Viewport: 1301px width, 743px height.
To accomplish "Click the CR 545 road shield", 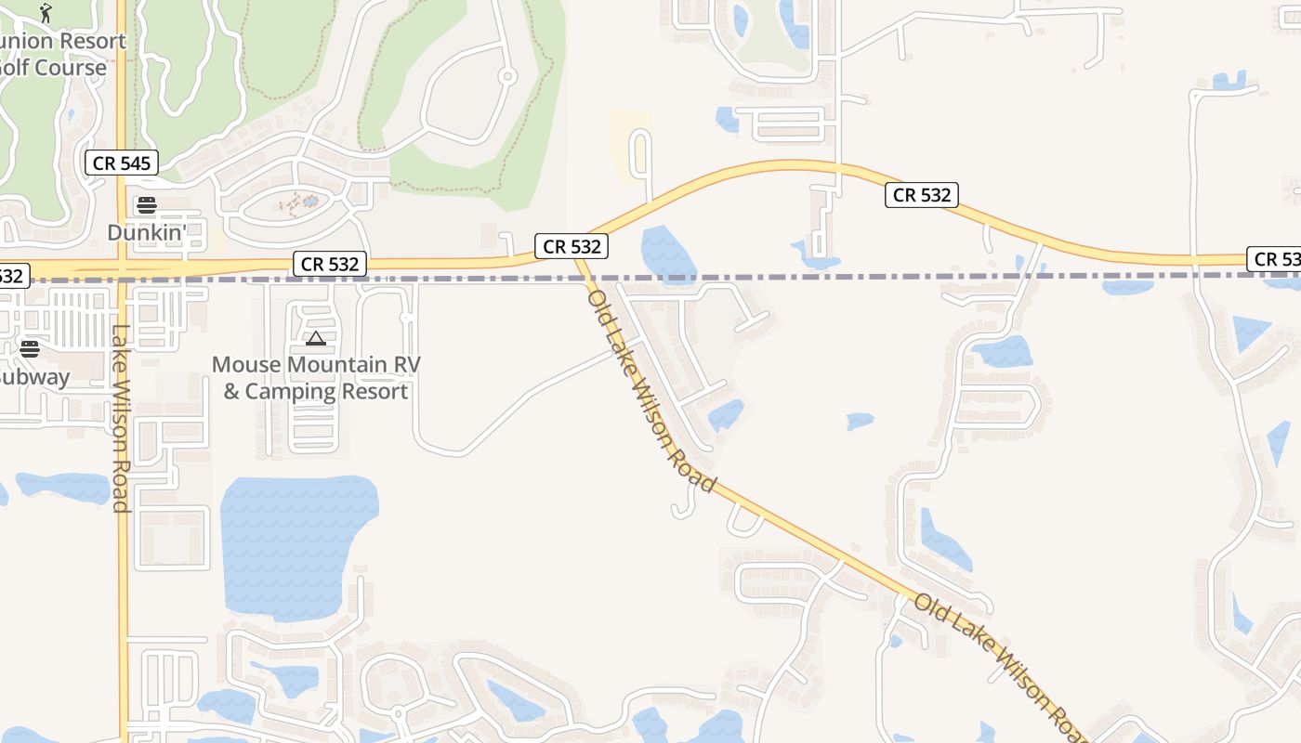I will click(x=122, y=163).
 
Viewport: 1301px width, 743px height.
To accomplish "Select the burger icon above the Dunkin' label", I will click(x=147, y=205).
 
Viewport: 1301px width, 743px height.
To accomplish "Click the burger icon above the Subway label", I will click(x=30, y=349).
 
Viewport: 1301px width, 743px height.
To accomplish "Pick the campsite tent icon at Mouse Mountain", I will click(x=316, y=339).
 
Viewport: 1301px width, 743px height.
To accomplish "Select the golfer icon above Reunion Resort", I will click(x=46, y=13).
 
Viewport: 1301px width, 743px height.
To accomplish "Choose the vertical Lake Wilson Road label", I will click(x=120, y=418).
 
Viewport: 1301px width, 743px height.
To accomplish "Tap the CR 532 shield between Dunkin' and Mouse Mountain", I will click(x=330, y=264).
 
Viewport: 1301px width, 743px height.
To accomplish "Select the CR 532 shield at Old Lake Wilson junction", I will click(x=572, y=246).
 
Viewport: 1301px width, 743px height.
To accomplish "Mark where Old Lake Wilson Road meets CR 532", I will click(x=578, y=258).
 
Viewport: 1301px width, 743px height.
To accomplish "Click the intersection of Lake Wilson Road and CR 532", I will click(x=123, y=269).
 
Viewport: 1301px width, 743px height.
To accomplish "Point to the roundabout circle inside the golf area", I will click(x=506, y=77).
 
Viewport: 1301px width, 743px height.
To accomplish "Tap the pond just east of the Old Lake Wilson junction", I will click(x=667, y=251).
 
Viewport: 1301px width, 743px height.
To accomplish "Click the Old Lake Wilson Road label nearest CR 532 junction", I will click(x=650, y=390).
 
